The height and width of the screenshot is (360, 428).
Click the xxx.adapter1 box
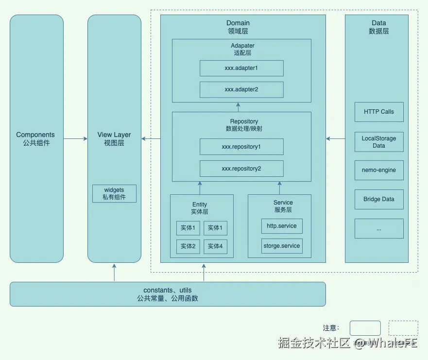click(x=241, y=68)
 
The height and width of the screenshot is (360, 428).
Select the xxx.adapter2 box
click(x=241, y=89)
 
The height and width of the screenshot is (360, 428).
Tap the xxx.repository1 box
click(x=241, y=147)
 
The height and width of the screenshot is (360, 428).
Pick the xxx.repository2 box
click(x=241, y=169)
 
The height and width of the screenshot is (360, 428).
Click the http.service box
click(x=282, y=226)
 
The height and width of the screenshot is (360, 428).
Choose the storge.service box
click(x=282, y=246)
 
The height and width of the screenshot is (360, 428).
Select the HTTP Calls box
click(x=379, y=112)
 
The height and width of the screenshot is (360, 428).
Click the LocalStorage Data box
click(x=379, y=142)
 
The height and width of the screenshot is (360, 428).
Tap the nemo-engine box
click(x=379, y=170)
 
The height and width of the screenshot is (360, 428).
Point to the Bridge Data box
click(x=379, y=199)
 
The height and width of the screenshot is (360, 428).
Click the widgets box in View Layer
click(x=114, y=193)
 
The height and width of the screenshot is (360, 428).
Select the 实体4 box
click(x=215, y=246)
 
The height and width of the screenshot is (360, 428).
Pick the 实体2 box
click(x=188, y=246)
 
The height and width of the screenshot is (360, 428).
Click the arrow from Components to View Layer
click(x=75, y=139)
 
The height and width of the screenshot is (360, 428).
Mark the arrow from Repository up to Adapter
click(x=238, y=107)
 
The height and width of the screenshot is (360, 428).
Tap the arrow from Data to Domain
click(x=335, y=139)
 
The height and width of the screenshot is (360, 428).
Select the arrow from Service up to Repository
click(x=280, y=187)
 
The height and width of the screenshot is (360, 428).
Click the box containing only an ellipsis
click(x=379, y=228)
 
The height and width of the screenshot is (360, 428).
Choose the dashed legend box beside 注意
click(x=403, y=328)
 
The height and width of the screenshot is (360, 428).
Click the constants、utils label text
click(x=167, y=290)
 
